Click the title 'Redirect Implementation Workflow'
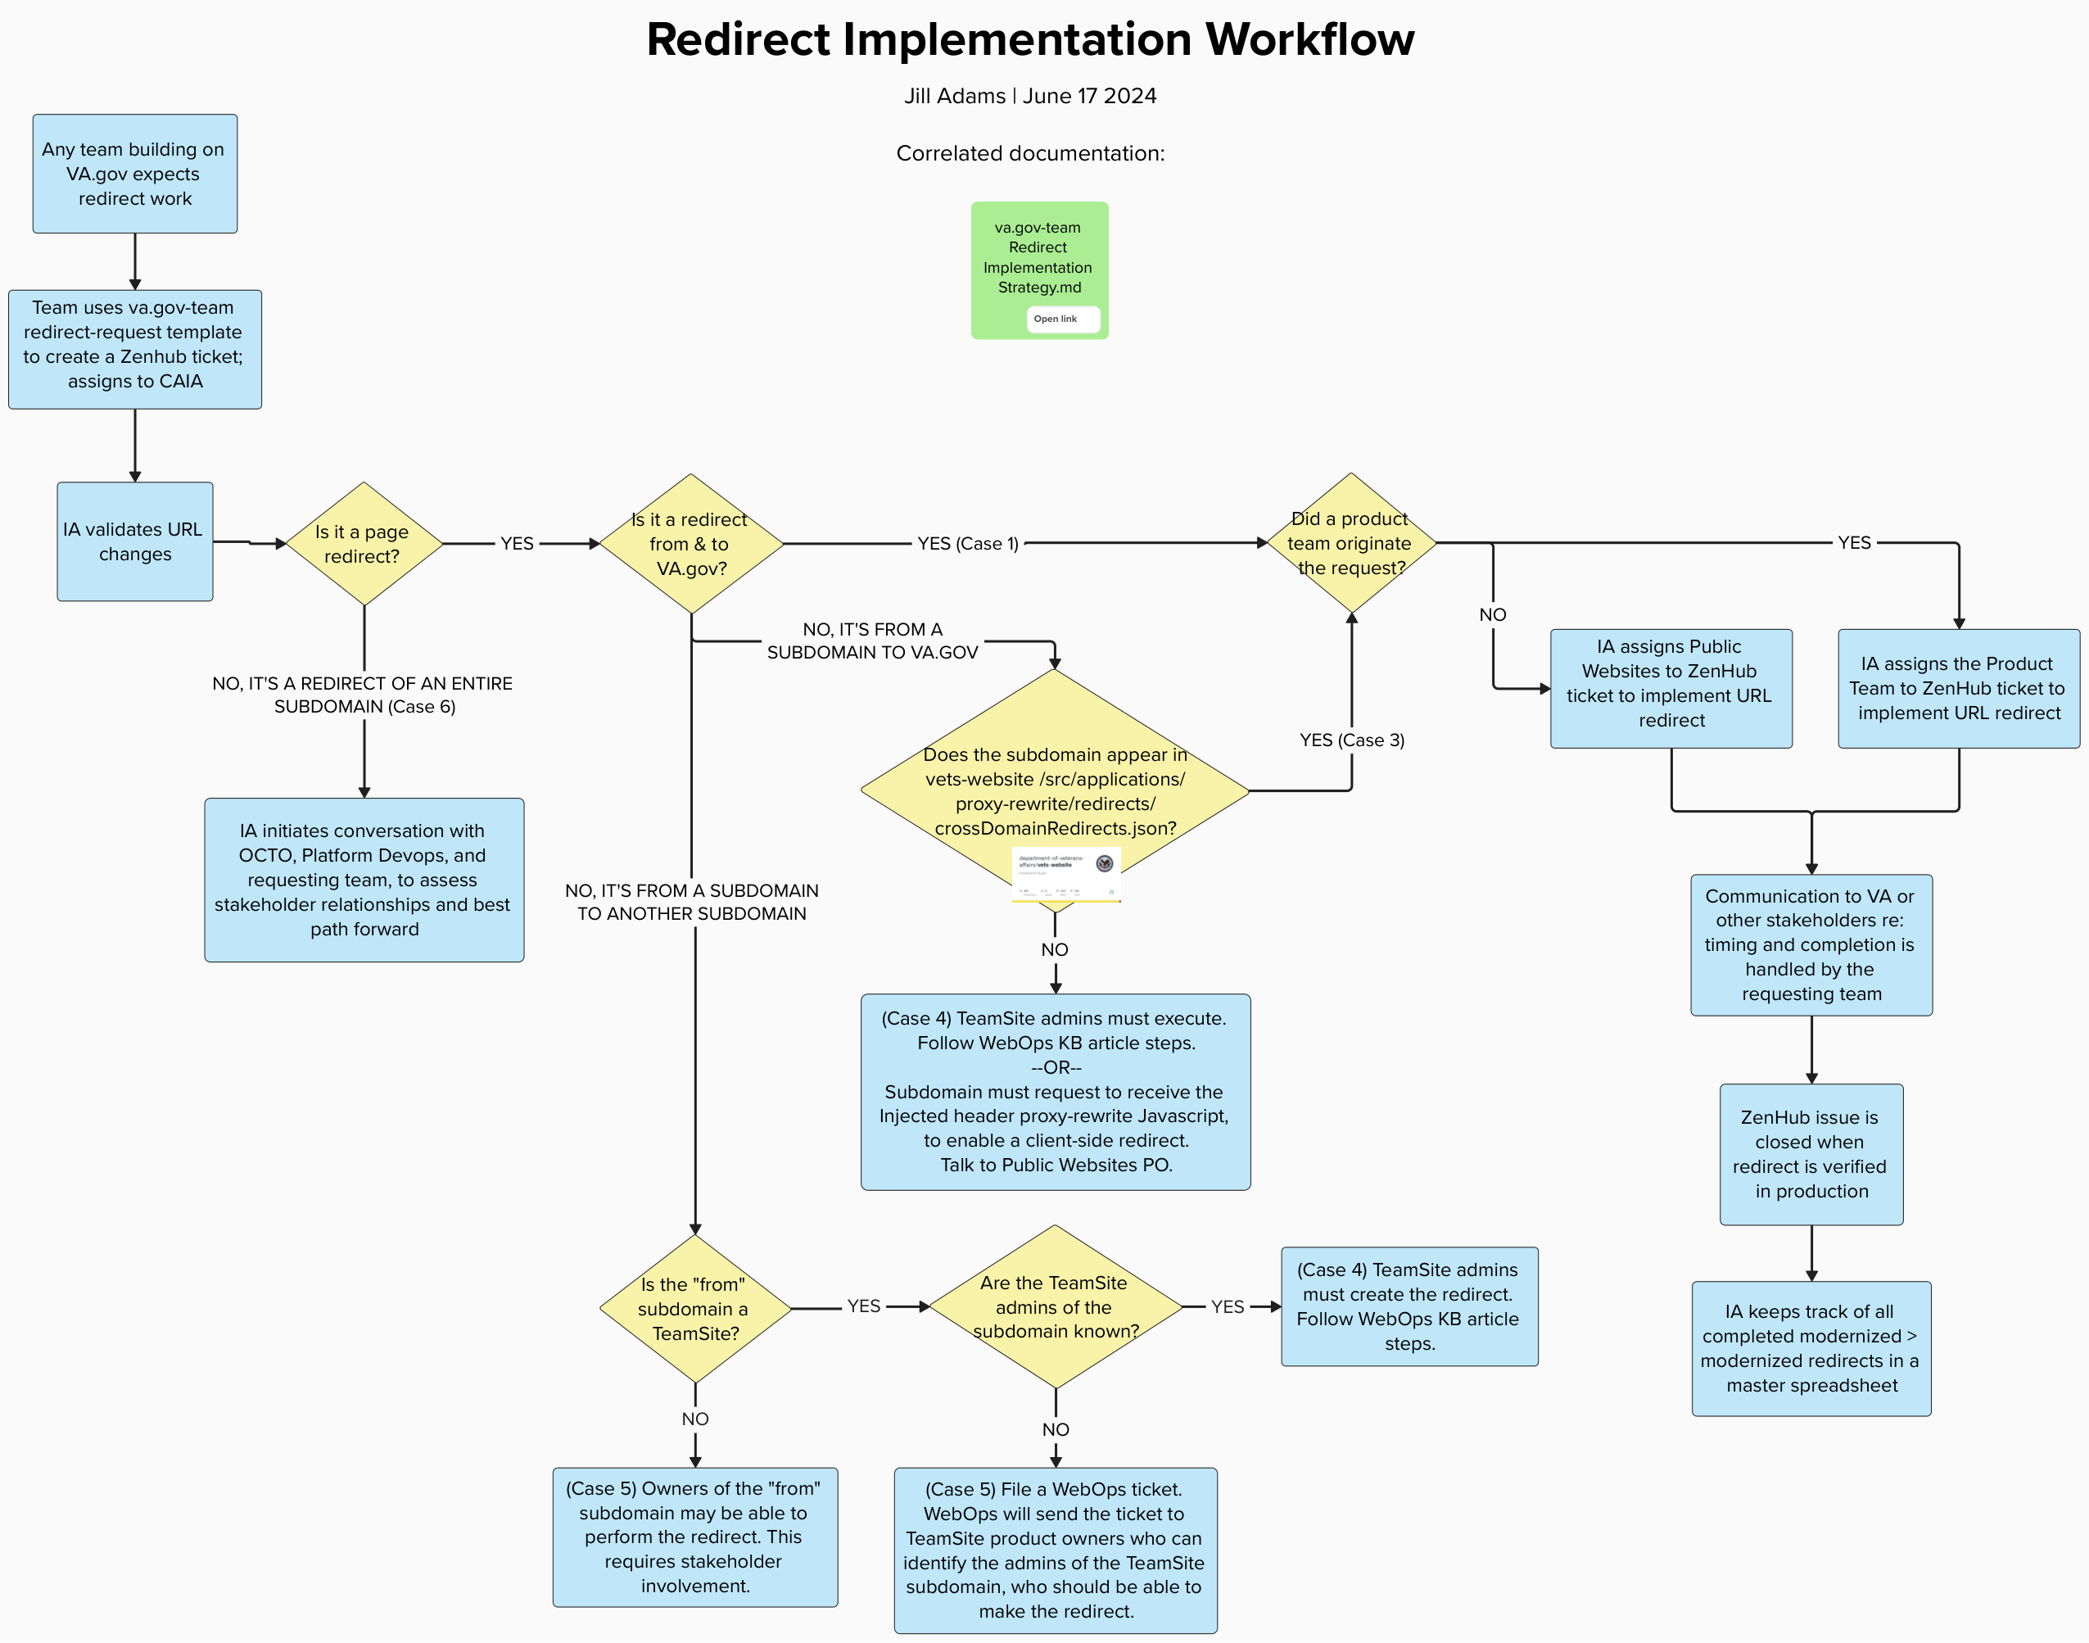pos(1029,40)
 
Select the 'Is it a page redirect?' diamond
pos(364,544)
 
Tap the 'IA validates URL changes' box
pos(134,541)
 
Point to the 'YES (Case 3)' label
pos(1351,740)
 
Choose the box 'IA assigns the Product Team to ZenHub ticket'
pos(1958,688)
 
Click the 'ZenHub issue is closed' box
pos(1811,1153)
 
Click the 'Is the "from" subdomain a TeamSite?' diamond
pos(694,1308)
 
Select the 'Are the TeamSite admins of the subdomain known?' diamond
pos(1055,1306)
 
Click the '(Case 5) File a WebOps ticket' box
pos(1055,1549)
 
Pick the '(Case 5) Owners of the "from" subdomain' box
pos(694,1537)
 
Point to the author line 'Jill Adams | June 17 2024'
pos(1029,96)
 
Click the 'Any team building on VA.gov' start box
pos(134,173)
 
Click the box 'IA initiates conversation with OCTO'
pos(364,879)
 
